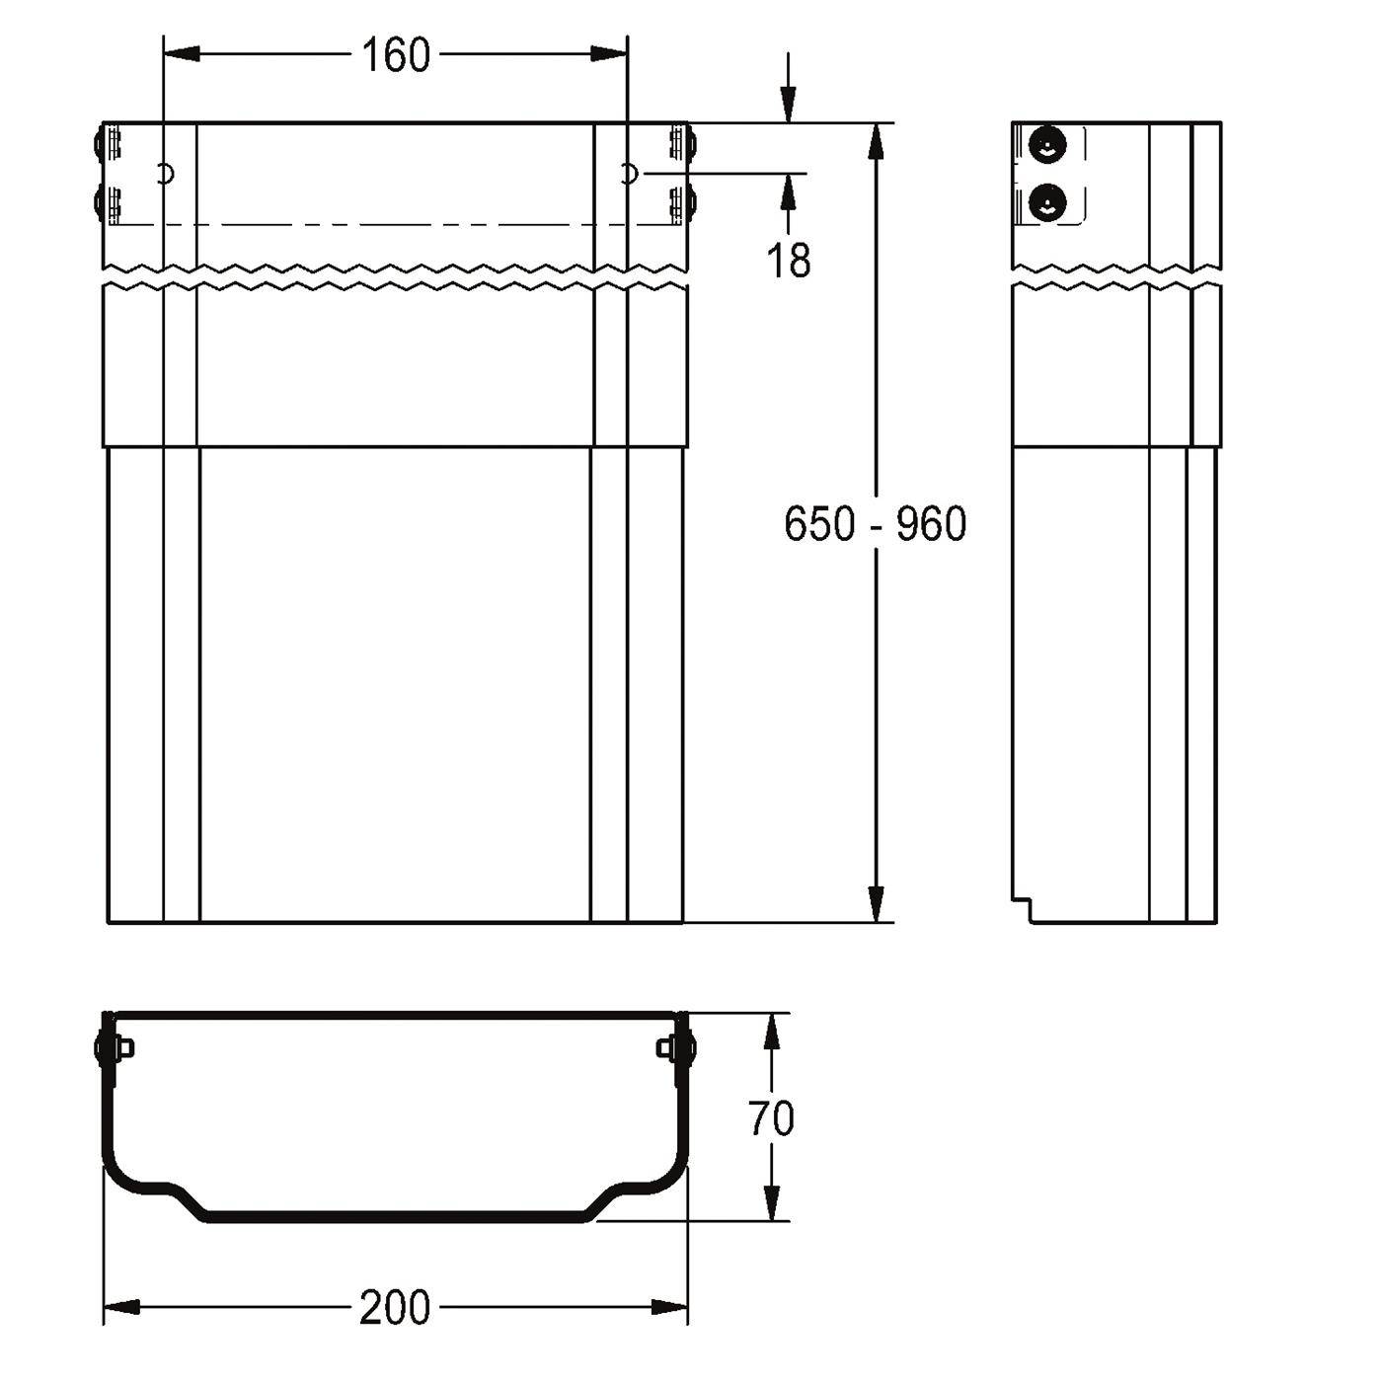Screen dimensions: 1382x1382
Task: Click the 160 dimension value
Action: click(395, 55)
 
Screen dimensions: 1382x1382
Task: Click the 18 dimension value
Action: click(789, 260)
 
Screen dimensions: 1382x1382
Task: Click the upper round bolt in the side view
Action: click(1047, 145)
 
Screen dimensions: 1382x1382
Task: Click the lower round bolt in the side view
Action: click(1047, 202)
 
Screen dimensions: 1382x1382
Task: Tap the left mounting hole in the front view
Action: click(167, 174)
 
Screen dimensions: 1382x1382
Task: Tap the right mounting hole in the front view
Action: click(630, 174)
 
